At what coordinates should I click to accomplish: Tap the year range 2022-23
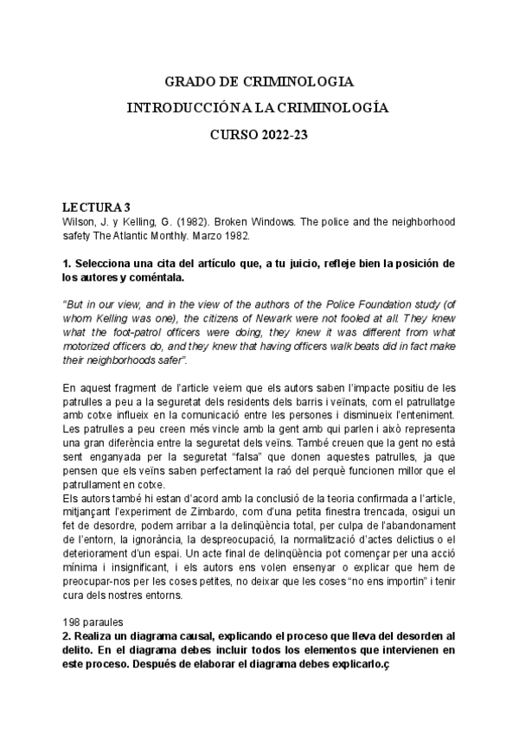click(x=282, y=135)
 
